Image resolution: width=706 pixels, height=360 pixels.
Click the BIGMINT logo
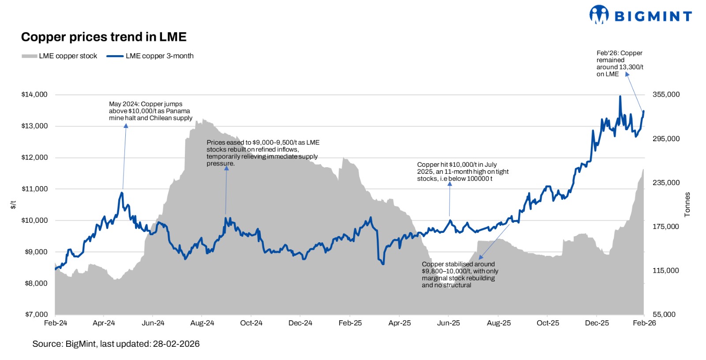[640, 15]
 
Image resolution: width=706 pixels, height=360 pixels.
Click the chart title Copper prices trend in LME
[104, 37]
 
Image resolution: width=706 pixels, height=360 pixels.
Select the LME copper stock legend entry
[59, 56]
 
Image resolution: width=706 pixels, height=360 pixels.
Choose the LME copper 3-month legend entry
[150, 56]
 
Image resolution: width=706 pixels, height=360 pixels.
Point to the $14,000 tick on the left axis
[34, 94]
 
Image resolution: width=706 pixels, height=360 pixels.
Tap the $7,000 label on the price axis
[36, 315]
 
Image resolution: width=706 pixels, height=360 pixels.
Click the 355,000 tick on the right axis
[666, 94]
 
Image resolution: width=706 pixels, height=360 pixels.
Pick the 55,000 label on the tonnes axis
[664, 315]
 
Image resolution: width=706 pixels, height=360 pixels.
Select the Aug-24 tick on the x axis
[202, 323]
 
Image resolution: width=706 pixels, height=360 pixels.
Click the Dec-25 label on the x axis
[597, 323]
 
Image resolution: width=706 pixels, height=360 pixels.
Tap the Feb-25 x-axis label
[350, 323]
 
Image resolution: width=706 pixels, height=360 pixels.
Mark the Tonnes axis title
[687, 204]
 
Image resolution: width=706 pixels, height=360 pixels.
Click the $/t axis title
[13, 205]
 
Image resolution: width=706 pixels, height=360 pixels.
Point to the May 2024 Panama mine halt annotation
[150, 111]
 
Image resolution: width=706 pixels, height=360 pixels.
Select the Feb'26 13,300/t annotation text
[620, 64]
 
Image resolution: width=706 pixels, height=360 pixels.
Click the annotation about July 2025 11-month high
[462, 172]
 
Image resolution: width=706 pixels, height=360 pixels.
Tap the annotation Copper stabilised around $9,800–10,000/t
[460, 274]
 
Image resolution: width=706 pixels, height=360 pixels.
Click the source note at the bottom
[116, 344]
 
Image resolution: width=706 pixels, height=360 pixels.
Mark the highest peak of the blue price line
[620, 96]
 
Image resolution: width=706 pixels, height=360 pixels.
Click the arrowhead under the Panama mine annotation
[126, 126]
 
